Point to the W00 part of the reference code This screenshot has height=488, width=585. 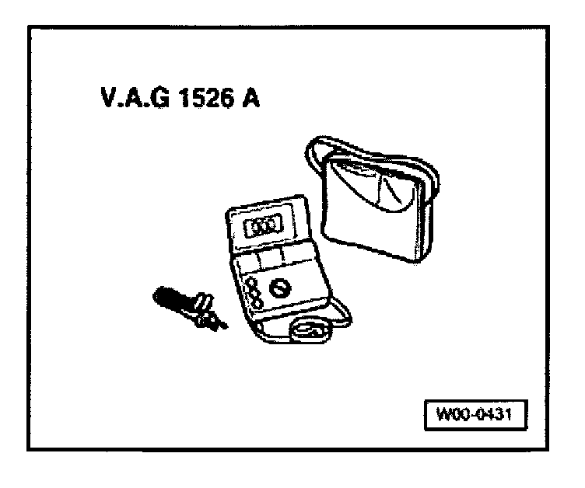click(449, 414)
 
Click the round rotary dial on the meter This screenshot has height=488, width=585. click(280, 288)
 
